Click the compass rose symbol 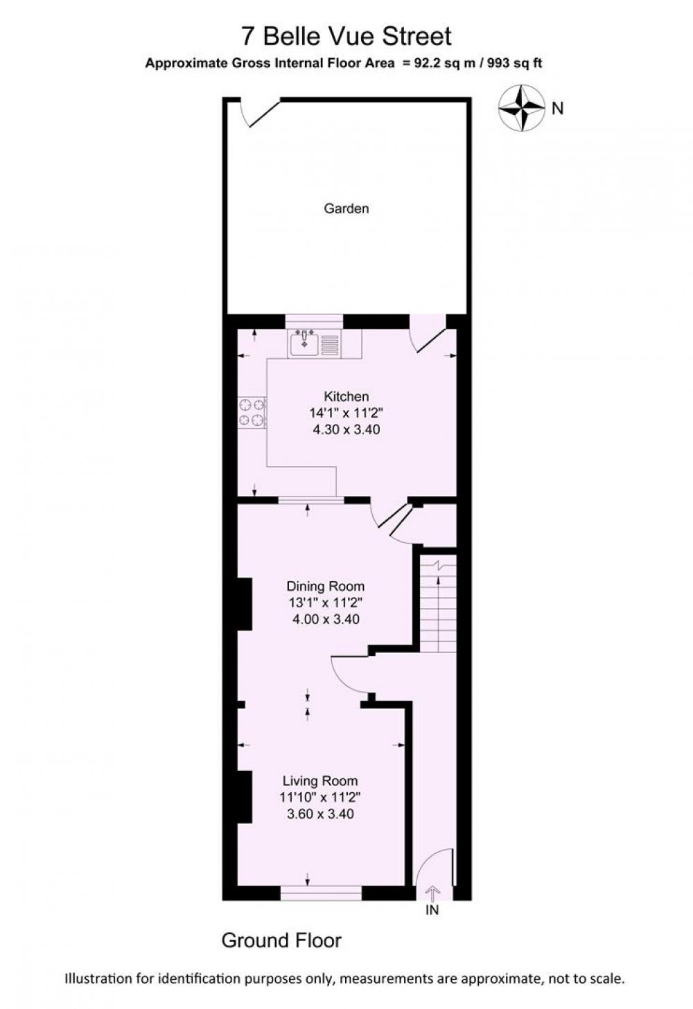(x=521, y=108)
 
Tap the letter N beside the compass (x=558, y=109)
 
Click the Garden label (x=346, y=208)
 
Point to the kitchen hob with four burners (x=252, y=412)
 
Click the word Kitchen (x=346, y=396)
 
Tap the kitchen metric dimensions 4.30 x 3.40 (x=346, y=429)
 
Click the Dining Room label (x=326, y=586)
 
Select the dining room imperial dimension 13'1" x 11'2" (x=326, y=602)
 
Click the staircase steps (x=438, y=604)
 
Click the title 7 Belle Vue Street (x=346, y=36)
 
